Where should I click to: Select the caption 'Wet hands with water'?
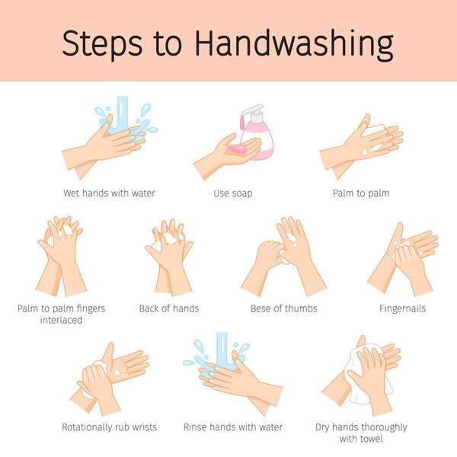tap(110, 193)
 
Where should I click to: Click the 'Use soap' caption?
tap(232, 193)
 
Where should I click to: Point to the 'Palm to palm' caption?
tap(360, 193)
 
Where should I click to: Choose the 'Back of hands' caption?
tap(168, 308)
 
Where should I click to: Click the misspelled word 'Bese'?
tap(263, 308)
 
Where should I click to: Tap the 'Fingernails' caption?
tap(402, 308)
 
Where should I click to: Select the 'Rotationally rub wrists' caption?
tap(109, 427)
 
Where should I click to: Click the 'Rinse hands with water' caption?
tap(233, 427)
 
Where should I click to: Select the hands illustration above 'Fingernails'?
tap(403, 259)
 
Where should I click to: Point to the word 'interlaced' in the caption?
tap(60, 320)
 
